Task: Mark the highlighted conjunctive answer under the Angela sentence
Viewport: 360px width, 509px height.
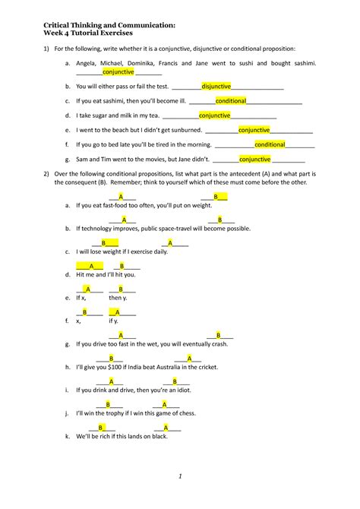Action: coord(118,72)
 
